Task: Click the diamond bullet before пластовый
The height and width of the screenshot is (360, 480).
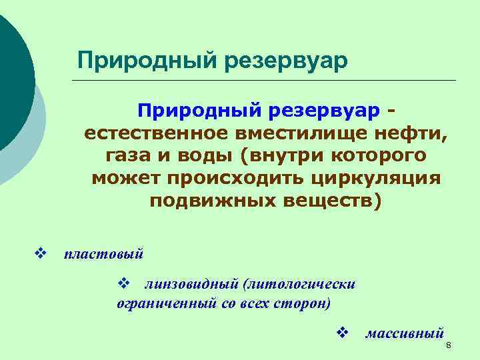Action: (39, 253)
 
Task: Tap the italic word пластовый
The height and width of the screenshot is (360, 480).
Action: (103, 254)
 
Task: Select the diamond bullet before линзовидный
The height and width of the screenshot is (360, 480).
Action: (122, 284)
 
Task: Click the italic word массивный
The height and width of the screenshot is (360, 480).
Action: (404, 333)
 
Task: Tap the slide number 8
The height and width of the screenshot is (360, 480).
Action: (449, 345)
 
